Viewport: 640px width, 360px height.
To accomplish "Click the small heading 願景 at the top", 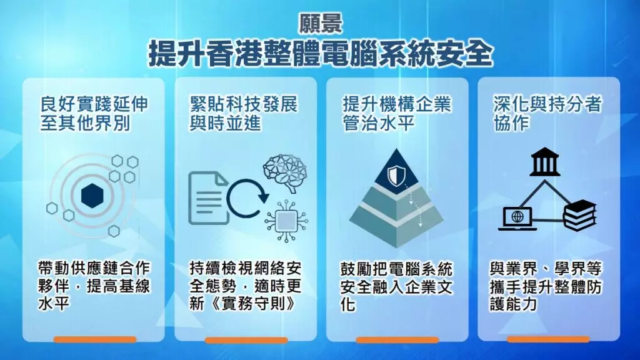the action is [321, 24].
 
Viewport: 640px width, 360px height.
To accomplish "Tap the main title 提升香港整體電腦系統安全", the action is [321, 54].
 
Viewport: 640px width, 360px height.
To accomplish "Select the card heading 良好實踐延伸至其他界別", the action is [94, 114].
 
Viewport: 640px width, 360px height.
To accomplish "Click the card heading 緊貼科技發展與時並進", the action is [244, 114].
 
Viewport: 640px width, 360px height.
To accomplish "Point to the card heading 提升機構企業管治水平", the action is [397, 114].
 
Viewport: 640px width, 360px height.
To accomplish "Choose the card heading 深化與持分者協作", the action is [547, 114].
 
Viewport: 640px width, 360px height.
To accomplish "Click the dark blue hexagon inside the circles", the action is [92, 196].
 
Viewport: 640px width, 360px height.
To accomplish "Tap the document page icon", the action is [208, 198].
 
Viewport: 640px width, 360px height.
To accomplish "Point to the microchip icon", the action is [286, 221].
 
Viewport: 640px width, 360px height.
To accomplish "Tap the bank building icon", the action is [544, 162].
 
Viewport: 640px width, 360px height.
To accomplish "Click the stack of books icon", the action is [579, 215].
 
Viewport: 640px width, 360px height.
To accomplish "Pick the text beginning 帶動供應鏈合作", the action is [94, 286].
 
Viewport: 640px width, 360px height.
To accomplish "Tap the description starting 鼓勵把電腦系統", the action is [397, 286].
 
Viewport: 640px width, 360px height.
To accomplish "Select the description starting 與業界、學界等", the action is [546, 286].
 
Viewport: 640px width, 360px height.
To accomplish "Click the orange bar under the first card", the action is [95, 339].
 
